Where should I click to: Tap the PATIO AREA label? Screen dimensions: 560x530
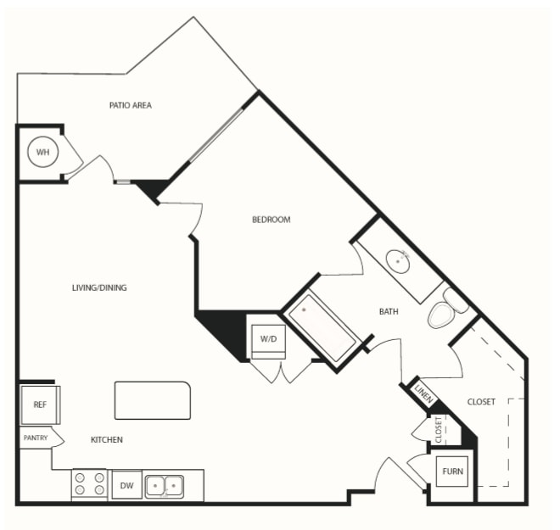pos(131,105)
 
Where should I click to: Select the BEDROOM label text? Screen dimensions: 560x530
pos(271,220)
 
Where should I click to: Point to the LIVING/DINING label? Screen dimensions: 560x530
pos(99,287)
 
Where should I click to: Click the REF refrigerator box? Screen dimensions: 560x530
pos(40,404)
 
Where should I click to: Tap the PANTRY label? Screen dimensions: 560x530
pos(36,438)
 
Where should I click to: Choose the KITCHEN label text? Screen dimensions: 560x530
pos(106,440)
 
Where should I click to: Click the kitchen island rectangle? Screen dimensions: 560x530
pos(153,400)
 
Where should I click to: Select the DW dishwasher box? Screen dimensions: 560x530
pos(126,485)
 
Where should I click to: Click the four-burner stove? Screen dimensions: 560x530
pos(89,484)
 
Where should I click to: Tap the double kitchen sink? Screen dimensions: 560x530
pos(165,486)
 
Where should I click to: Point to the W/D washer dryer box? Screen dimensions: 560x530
pos(268,342)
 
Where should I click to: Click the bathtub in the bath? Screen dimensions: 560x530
pos(322,327)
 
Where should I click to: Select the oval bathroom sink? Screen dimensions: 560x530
pos(397,262)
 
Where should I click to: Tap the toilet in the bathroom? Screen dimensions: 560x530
pos(447,309)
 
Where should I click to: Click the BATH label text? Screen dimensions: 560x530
pos(389,311)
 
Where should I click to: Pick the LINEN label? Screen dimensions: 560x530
pos(424,393)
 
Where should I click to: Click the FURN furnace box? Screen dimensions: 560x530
pos(452,471)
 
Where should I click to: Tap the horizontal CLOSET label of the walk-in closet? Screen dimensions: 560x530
pos(481,402)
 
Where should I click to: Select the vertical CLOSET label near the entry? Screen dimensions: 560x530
pos(439,430)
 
